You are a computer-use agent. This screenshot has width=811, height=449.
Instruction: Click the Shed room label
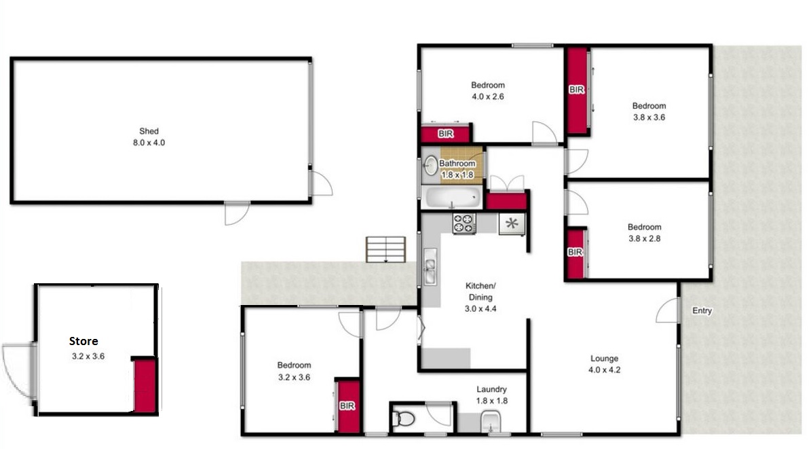tap(149, 131)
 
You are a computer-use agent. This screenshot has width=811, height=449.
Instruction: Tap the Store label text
tap(83, 341)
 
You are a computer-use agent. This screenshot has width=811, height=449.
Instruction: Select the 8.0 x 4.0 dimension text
tap(149, 143)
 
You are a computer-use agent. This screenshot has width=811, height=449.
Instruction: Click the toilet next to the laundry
tap(403, 417)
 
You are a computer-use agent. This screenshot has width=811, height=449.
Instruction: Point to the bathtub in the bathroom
tap(451, 197)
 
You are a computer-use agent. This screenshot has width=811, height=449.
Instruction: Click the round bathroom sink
tap(430, 166)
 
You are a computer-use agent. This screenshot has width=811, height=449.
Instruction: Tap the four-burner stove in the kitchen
tap(464, 223)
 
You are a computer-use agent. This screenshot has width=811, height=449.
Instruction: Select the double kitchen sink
tap(430, 266)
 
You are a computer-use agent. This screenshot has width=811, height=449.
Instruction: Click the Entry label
tap(702, 310)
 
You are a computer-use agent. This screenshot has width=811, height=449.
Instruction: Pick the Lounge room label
tap(604, 359)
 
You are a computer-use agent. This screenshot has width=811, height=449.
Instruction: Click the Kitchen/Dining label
tap(480, 291)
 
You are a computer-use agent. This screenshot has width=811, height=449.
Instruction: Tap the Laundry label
tap(491, 389)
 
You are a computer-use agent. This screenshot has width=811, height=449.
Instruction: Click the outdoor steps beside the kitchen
tap(386, 249)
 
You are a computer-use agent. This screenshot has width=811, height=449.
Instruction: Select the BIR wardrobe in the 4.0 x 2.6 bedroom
tap(445, 134)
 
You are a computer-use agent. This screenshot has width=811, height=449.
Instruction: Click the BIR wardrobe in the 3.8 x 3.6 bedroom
tap(578, 90)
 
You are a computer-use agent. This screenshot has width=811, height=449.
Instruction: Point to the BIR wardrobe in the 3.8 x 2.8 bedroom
tap(576, 253)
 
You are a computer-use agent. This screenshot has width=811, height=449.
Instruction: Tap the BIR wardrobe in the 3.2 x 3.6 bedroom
tap(347, 406)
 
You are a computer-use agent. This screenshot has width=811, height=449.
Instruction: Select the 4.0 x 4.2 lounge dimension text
tap(604, 370)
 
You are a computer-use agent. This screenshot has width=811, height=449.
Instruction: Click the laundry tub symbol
tap(490, 422)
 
